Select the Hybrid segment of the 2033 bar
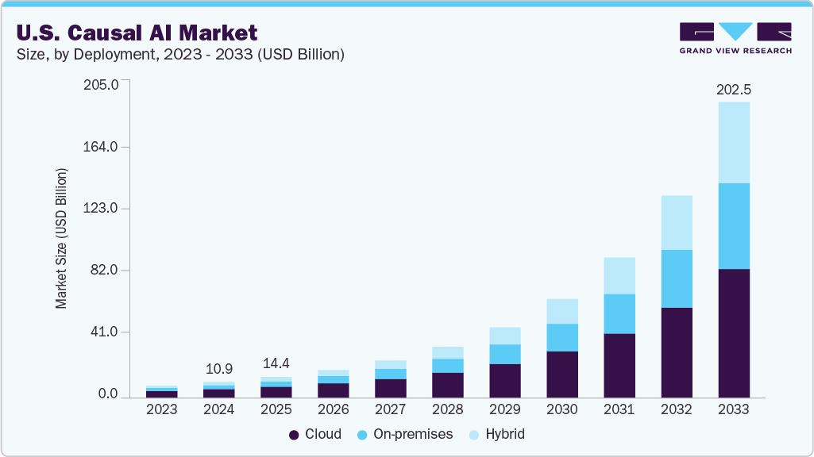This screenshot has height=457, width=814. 733,143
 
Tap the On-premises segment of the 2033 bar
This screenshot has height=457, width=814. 733,226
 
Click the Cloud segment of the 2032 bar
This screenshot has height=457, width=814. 676,352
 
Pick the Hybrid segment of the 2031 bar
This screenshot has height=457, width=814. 619,275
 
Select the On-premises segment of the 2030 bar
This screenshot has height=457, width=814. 561,337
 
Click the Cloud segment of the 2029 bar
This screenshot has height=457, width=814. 504,381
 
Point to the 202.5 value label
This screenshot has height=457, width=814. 733,90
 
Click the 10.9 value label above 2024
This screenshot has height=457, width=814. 219,370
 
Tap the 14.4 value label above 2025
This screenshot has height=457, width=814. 276,363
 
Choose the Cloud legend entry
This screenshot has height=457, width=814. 315,434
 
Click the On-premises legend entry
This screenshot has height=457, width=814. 404,434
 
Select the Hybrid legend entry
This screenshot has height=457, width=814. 496,434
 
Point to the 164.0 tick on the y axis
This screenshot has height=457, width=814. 101,147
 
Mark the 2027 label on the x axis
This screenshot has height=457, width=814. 390,410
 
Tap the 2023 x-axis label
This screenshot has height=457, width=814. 162,410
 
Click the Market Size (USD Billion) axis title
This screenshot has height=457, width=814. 61,238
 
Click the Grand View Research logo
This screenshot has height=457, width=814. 735,38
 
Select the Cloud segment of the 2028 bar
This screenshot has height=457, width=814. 447,385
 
